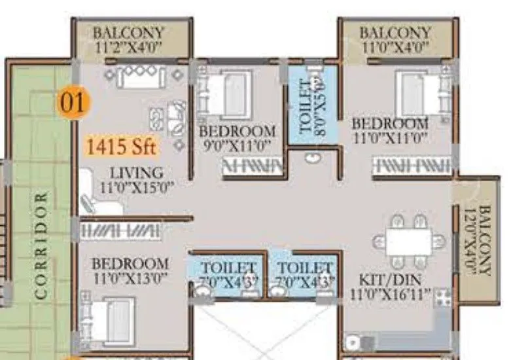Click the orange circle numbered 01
click(x=74, y=103)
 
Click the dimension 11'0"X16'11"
click(x=390, y=294)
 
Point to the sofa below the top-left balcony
click(x=141, y=77)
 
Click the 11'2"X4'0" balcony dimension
click(x=128, y=46)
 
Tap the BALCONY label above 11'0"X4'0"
click(x=395, y=32)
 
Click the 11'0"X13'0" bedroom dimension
click(x=130, y=278)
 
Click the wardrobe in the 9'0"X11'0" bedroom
click(x=252, y=168)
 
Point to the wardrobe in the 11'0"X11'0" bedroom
click(x=412, y=166)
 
